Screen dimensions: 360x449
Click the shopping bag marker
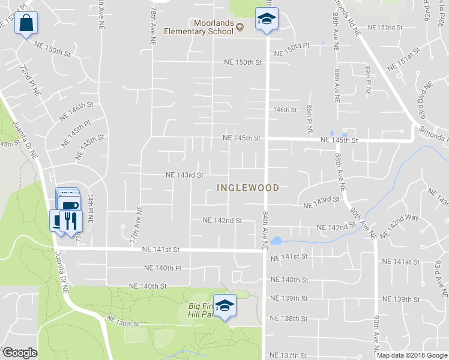[x=26, y=24]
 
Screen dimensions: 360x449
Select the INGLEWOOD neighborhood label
[x=248, y=188]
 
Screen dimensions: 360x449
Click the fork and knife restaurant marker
[x=71, y=220]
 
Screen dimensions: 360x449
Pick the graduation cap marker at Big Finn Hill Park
[x=225, y=306]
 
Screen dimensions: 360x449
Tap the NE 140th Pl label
[x=163, y=268]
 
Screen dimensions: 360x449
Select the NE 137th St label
[x=289, y=356]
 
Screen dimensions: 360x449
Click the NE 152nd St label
[x=384, y=28]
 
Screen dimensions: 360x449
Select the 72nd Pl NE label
[x=31, y=81]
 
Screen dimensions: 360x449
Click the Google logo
[x=20, y=353]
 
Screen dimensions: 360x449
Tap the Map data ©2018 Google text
[x=411, y=355]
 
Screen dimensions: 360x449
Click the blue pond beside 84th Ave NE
[x=276, y=241]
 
